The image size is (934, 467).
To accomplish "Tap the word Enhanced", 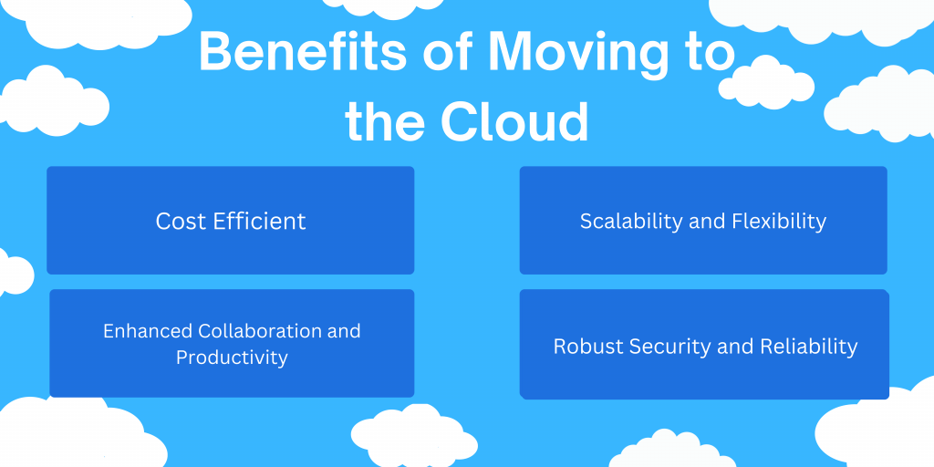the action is [149, 330].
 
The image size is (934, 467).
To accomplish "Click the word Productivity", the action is [233, 358].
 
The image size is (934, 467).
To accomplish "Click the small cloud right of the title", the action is [766, 83].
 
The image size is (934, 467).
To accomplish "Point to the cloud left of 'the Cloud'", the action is [54, 100].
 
